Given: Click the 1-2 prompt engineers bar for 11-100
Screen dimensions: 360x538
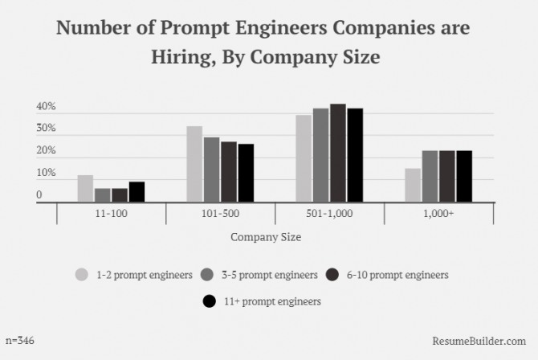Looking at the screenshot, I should coord(85,189).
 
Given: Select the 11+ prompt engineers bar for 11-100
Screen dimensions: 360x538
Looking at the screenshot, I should coord(137,192).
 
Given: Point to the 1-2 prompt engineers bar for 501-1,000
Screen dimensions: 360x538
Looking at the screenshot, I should coord(304,158).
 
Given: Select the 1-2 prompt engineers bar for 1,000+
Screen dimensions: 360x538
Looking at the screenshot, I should coord(413,185).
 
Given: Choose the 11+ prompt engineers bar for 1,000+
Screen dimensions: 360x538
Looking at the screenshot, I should coord(464,176).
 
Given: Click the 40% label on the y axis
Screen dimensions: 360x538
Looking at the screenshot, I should coord(46,107).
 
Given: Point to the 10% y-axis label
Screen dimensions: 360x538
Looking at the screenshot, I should coord(46,174).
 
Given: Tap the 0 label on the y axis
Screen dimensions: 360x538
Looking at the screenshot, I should coord(39,195).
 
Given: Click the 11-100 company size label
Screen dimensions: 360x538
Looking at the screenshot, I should coord(111,215).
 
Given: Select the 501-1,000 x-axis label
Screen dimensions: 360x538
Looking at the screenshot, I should coord(329,215).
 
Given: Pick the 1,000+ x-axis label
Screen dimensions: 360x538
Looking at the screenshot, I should coord(438,215).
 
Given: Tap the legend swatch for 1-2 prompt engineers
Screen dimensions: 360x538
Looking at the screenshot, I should coord(82,275).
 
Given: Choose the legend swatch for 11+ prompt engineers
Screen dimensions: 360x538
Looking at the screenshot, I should coord(209,301).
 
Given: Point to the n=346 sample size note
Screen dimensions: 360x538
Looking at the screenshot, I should coord(19,341).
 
